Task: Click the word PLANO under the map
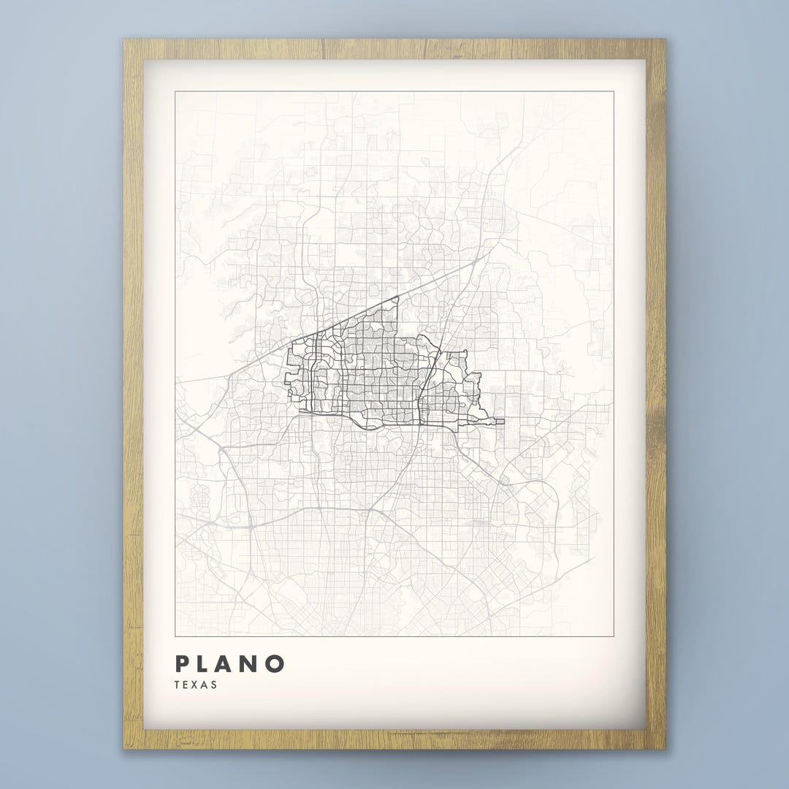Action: pyautogui.click(x=229, y=664)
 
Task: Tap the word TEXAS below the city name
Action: pyautogui.click(x=196, y=685)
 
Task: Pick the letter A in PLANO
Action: pyautogui.click(x=229, y=664)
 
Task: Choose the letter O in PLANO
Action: pyautogui.click(x=274, y=664)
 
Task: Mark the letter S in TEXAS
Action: pyautogui.click(x=214, y=685)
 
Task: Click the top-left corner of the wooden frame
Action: pyautogui.click(x=125, y=41)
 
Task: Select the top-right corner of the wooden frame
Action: pyautogui.click(x=664, y=41)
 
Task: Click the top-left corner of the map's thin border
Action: pyautogui.click(x=176, y=92)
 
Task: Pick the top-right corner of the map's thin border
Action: pyautogui.click(x=613, y=92)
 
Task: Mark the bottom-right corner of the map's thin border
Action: pyautogui.click(x=613, y=635)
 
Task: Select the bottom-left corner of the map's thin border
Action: pyautogui.click(x=176, y=635)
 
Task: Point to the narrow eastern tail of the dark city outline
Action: pyautogui.click(x=497, y=421)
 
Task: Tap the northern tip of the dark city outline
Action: pyautogui.click(x=397, y=297)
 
